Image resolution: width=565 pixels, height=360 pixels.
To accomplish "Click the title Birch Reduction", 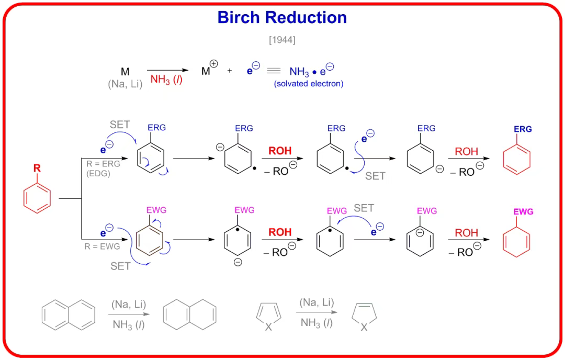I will [282, 17].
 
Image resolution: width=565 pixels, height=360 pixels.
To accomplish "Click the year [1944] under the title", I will [282, 39].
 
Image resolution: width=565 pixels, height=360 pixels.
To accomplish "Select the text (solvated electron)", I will [308, 83].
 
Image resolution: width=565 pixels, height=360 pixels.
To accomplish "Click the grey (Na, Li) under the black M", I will [125, 83].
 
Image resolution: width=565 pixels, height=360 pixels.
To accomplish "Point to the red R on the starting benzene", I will [37, 168].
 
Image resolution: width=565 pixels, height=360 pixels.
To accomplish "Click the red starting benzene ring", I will [37, 198].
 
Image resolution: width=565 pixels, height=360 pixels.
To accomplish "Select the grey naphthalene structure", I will [69, 315].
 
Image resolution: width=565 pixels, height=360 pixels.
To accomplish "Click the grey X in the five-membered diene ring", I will [268, 327].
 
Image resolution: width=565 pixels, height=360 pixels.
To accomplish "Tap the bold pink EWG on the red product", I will [523, 212].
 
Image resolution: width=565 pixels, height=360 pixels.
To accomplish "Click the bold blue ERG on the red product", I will [523, 129].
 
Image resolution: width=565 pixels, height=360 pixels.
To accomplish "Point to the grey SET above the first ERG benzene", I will [120, 125].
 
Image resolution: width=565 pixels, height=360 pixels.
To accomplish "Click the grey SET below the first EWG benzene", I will [120, 266].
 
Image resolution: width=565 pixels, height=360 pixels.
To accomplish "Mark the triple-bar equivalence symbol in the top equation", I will [274, 71].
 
